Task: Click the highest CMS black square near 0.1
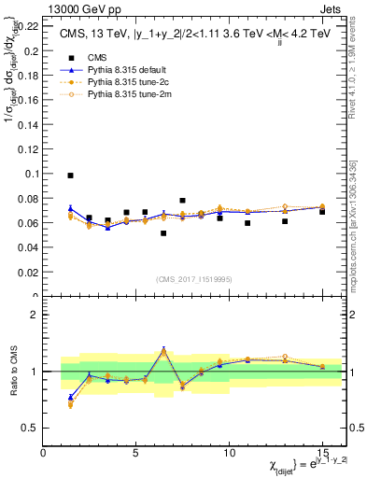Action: (70, 176)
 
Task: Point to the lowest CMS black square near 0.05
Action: (163, 233)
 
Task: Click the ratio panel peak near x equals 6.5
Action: (163, 350)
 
